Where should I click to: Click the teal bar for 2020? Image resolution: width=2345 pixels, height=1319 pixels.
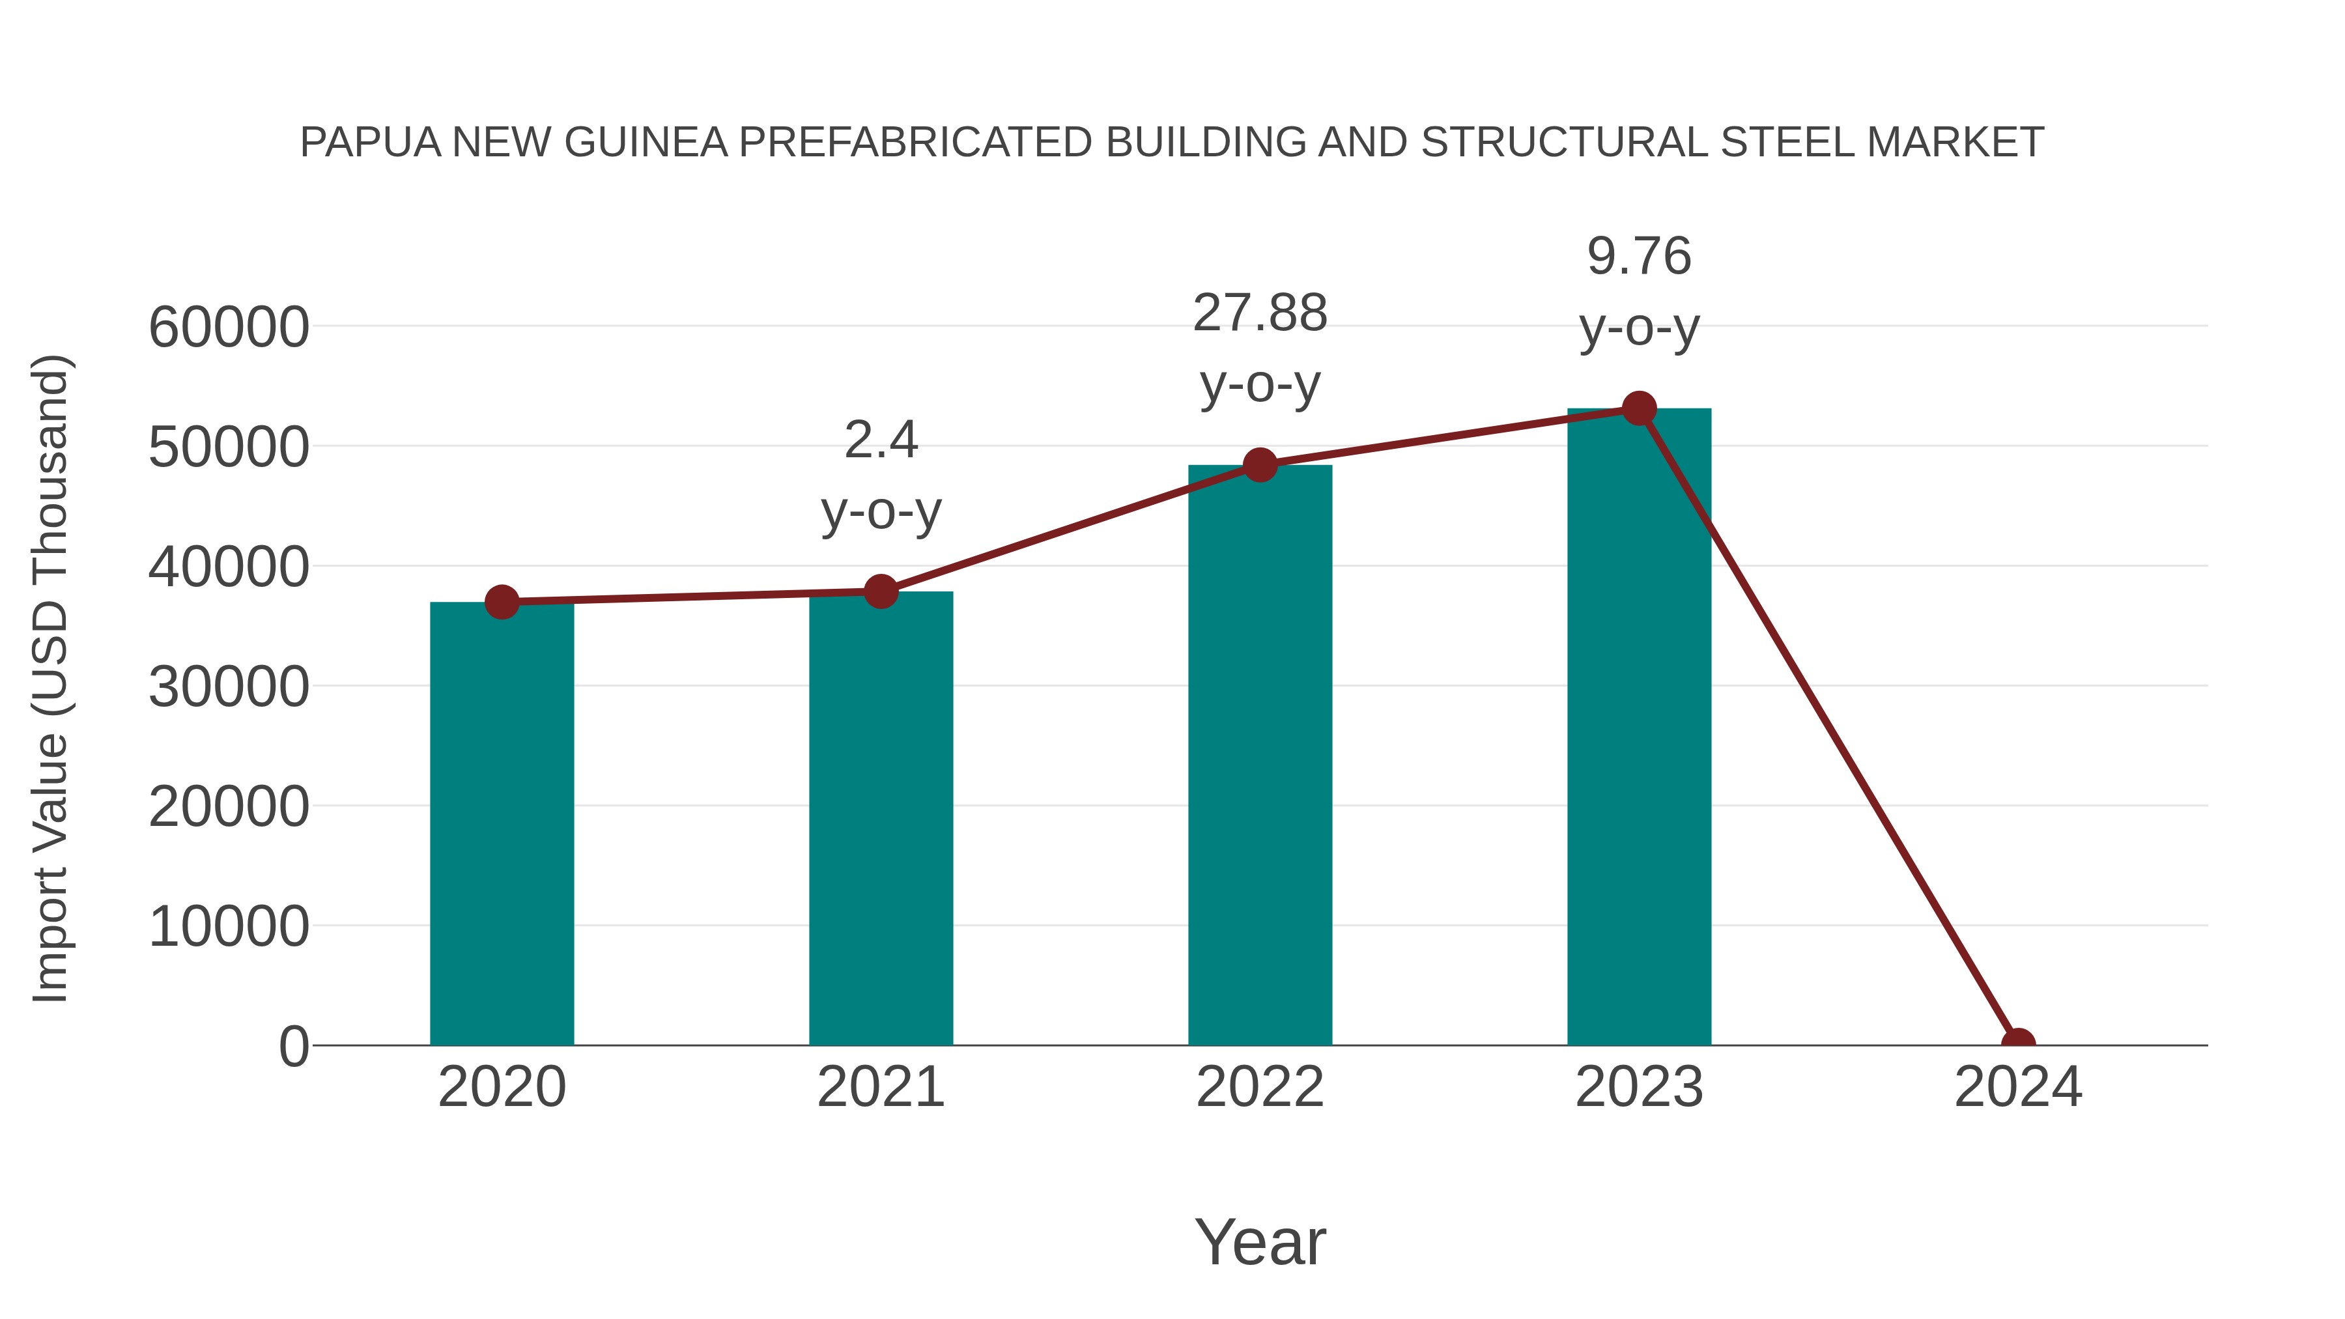502,824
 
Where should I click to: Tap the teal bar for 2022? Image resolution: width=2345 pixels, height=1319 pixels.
1260,755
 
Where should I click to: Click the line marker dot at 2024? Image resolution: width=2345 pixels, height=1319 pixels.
2018,1043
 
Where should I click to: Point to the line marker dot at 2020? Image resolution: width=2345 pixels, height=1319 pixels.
502,602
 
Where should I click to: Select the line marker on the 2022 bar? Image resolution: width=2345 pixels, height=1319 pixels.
1260,465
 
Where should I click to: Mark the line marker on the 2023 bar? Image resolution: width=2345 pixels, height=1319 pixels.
1639,408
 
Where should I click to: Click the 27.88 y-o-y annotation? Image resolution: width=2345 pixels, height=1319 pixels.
1260,348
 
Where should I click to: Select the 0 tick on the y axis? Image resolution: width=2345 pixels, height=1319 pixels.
294,1046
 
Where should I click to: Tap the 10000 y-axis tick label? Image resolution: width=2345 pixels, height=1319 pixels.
229,927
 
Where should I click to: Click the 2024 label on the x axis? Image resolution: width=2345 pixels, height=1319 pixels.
2018,1087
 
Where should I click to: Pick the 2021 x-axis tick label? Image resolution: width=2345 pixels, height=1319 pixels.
880,1087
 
